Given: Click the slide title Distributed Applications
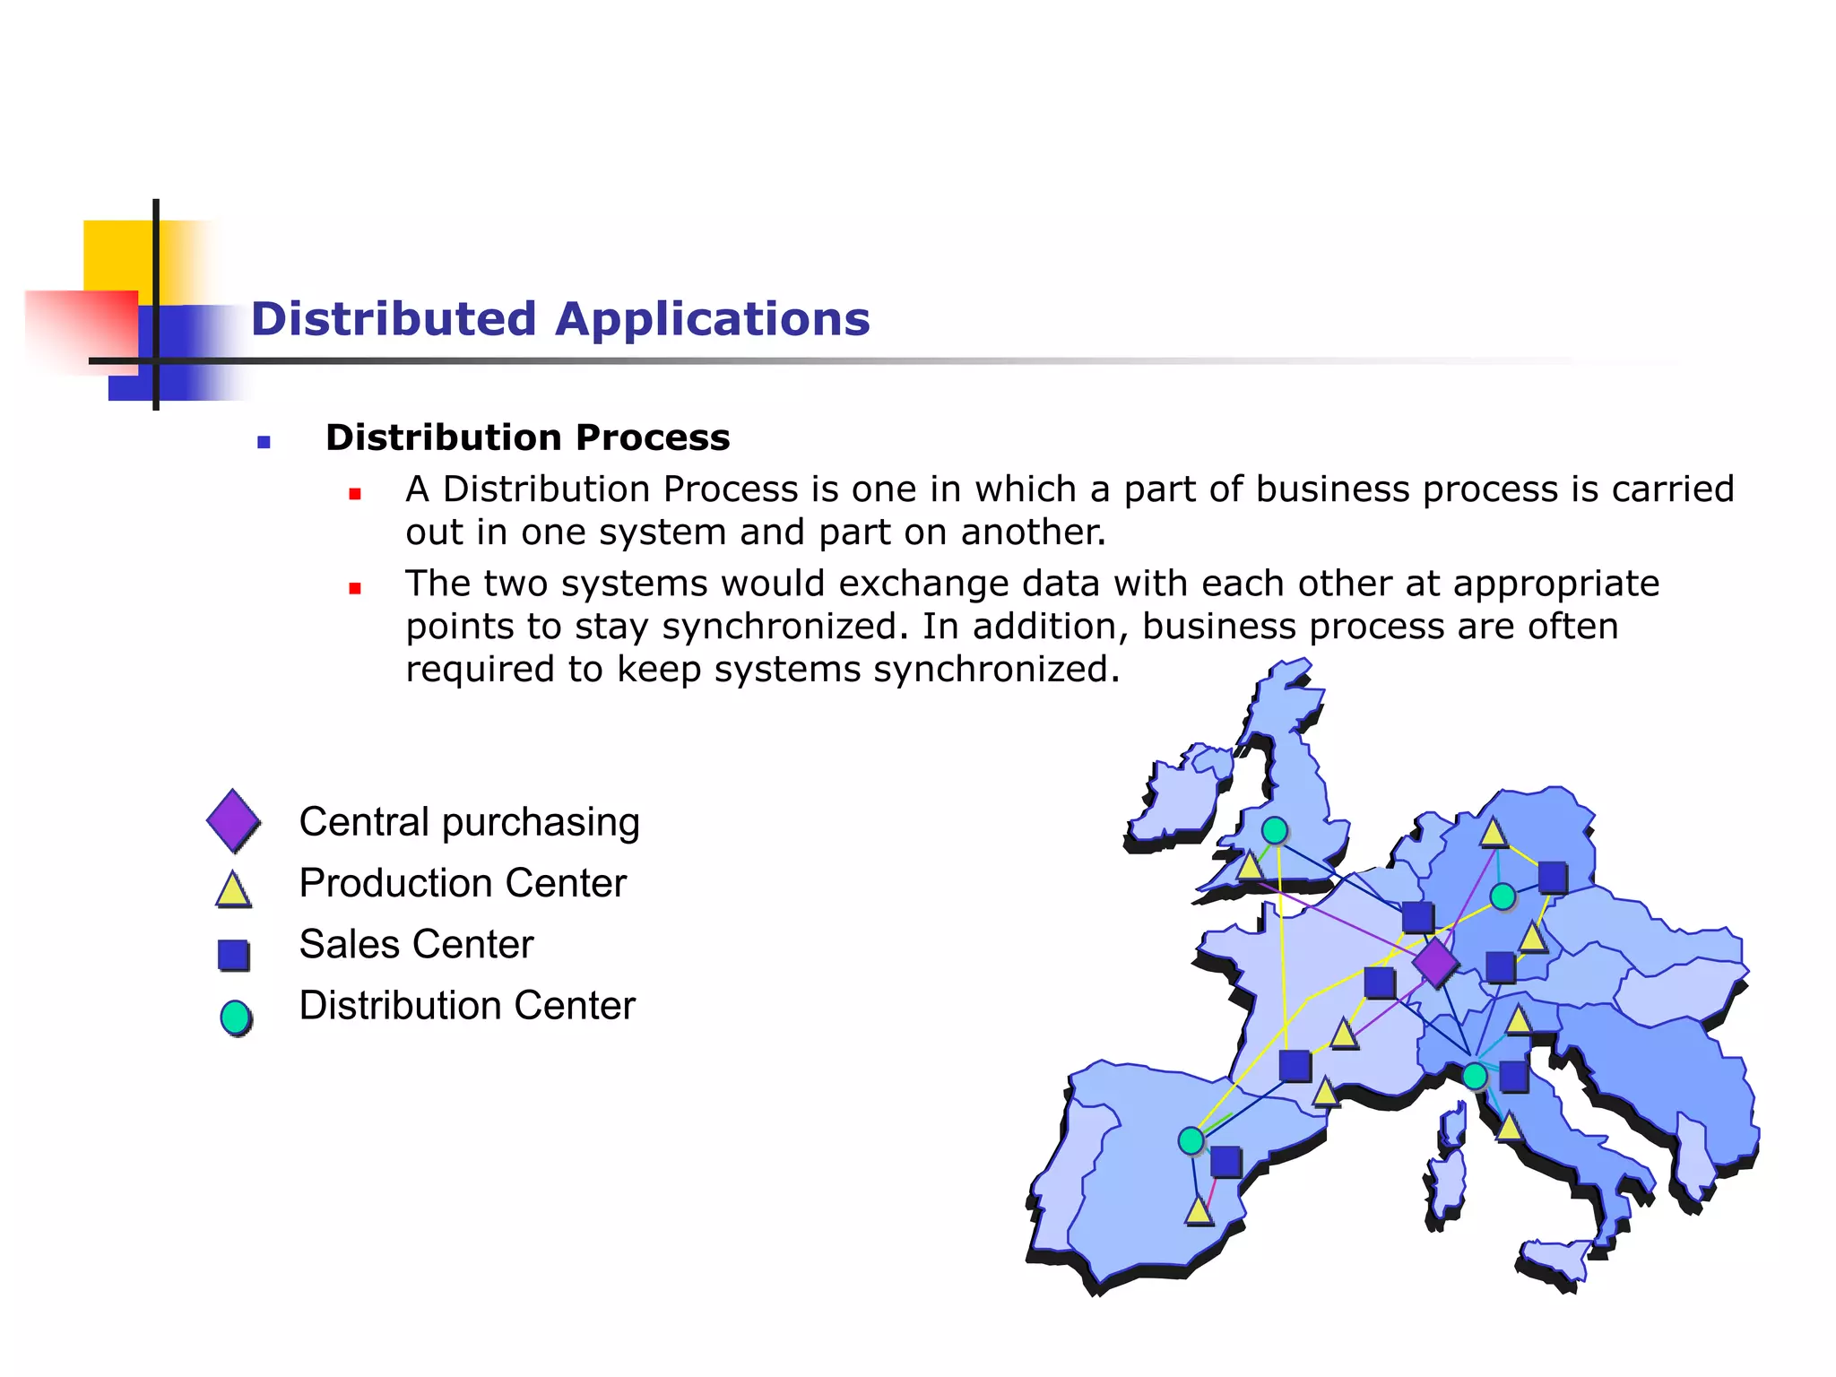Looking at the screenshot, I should tap(560, 319).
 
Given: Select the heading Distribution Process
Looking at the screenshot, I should tap(527, 437).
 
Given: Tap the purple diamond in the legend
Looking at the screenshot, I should tap(233, 819).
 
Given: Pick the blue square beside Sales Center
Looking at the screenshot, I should tap(233, 955).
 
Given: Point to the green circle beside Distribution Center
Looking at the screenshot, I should tap(236, 1018).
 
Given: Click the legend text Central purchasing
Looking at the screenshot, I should tap(469, 822).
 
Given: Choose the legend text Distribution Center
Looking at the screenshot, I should tap(467, 1006).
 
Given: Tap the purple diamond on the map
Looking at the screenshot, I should tap(1435, 963).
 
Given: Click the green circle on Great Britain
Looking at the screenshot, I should tap(1275, 831).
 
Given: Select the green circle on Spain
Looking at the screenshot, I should tap(1191, 1140).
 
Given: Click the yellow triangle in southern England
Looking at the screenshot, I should tap(1250, 866).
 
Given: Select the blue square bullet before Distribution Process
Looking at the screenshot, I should tap(264, 442).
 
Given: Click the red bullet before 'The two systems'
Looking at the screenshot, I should tap(355, 588).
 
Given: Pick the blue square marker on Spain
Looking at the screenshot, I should tap(1225, 1162).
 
